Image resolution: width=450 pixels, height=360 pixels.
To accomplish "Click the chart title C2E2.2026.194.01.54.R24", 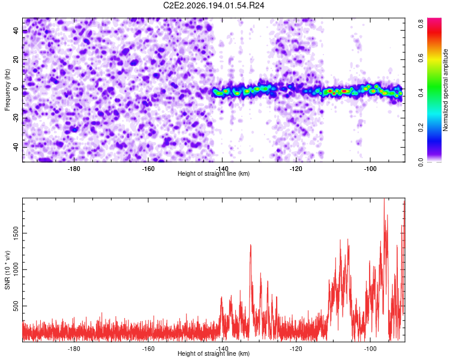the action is click(x=214, y=5).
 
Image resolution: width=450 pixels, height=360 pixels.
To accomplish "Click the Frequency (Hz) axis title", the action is click(x=7, y=89).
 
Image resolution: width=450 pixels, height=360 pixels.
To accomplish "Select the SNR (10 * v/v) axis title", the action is click(x=7, y=270).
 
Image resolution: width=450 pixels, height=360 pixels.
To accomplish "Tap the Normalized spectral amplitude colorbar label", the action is click(x=445, y=89).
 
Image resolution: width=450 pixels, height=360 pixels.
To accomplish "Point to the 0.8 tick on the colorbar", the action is click(x=421, y=23).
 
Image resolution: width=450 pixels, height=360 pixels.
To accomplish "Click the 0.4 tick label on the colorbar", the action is click(x=421, y=93).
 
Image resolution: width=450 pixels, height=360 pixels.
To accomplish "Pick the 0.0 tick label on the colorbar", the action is click(x=421, y=162).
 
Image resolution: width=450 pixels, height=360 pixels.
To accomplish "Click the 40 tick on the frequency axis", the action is click(x=16, y=30).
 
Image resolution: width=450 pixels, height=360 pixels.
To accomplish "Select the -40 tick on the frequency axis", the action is click(x=16, y=147).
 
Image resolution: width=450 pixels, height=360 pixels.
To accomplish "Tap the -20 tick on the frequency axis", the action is click(x=16, y=118).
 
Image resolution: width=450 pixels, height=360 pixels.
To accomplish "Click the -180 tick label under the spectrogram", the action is click(x=74, y=169).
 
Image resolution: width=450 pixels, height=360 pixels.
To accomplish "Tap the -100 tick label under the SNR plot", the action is click(x=370, y=349).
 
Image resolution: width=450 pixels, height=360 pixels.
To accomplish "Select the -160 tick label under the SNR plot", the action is click(x=148, y=349).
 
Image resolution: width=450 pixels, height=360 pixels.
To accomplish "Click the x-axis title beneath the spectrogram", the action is click(x=214, y=173).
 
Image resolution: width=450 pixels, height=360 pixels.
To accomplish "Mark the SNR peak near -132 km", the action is click(x=251, y=245).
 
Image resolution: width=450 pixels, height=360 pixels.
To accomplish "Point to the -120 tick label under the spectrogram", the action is click(x=296, y=169).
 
